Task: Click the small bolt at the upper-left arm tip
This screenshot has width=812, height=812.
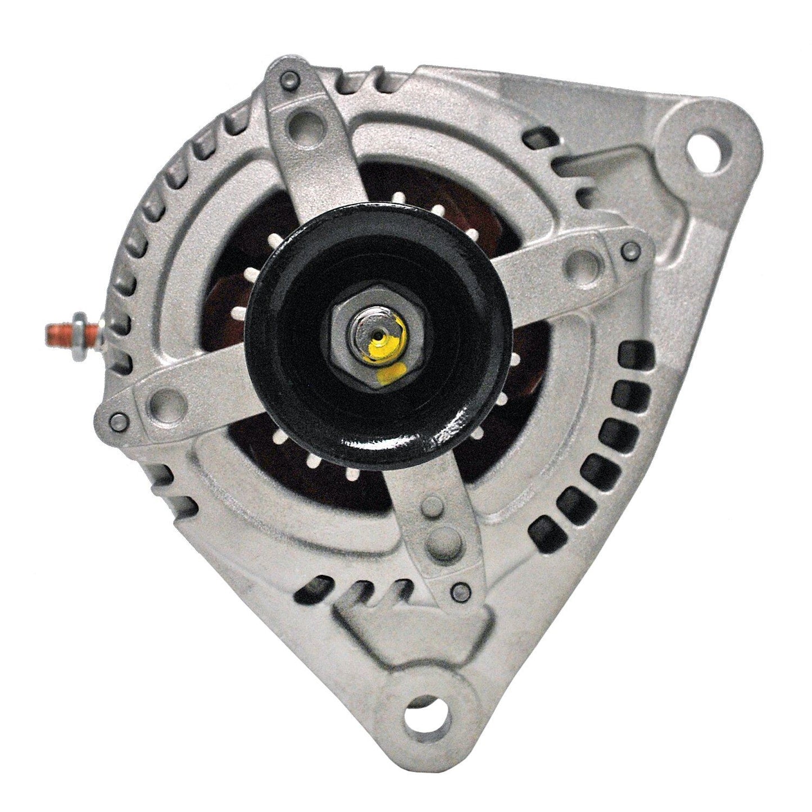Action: coord(290,78)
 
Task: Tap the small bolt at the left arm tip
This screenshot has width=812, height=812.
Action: coord(118,419)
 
